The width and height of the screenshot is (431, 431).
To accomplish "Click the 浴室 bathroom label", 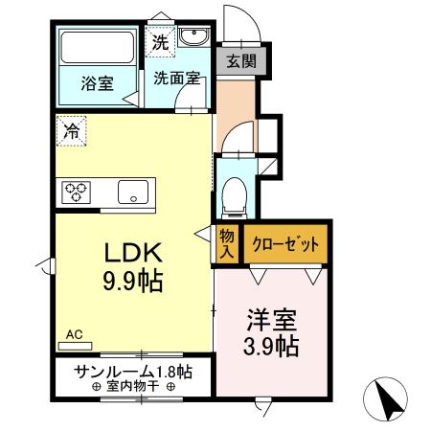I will point(96,82).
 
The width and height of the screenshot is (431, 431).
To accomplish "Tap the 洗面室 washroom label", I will point(176,79).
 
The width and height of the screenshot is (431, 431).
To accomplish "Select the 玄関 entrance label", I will point(238,62).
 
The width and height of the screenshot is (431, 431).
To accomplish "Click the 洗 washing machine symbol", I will point(160,43).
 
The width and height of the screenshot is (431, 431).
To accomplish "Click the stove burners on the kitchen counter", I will point(76,192).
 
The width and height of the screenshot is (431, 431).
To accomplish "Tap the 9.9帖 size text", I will point(134,282).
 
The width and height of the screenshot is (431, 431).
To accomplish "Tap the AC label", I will point(76,335).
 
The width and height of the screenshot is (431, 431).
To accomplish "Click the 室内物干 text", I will point(132,387).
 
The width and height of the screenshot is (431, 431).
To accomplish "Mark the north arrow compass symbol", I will point(387,398).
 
